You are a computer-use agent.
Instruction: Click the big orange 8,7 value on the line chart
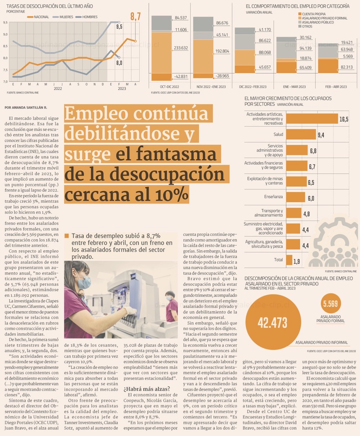tap(135, 17)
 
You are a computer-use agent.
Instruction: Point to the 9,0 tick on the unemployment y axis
tap(5, 34)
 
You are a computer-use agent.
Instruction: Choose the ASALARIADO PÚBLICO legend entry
tap(318, 22)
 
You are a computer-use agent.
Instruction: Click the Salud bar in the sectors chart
tap(301, 134)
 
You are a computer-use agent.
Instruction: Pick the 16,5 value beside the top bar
tap(344, 119)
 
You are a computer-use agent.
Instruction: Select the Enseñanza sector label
tap(274, 197)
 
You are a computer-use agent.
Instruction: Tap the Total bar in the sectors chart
tap(289, 260)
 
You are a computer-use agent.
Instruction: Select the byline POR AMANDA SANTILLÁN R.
tap(26, 107)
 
